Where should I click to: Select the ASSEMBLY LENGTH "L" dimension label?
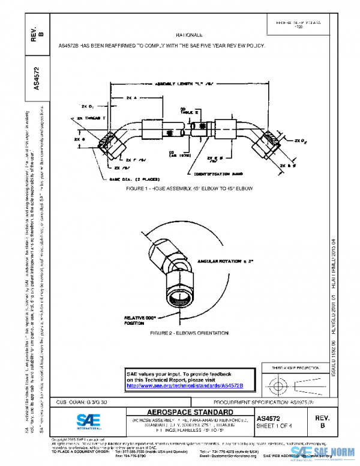pos(187,85)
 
